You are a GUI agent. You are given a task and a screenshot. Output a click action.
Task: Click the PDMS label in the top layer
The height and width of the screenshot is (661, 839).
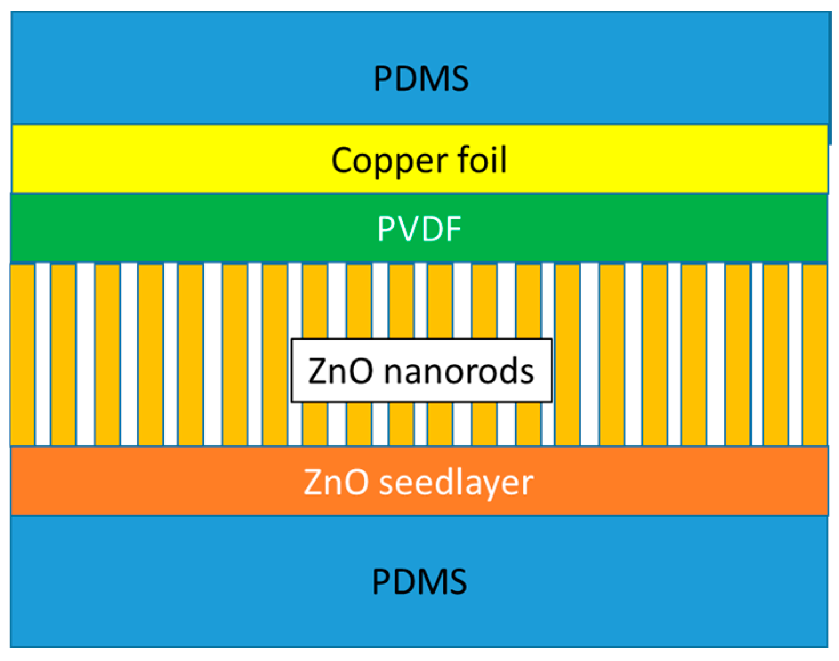(x=421, y=78)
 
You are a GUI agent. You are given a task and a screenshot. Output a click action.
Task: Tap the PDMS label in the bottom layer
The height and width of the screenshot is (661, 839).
(x=419, y=582)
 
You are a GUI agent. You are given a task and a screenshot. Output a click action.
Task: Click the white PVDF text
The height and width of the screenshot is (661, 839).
(x=419, y=229)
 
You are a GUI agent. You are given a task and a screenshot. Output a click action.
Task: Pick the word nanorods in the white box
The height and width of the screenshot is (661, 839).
(x=459, y=371)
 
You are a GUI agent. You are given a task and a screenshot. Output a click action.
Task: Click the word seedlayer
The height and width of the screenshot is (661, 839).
(x=456, y=482)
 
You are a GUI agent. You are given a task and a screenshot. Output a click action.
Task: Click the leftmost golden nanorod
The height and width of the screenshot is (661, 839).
(x=23, y=354)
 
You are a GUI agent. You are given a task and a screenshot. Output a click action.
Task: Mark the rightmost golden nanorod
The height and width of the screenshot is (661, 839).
(x=815, y=354)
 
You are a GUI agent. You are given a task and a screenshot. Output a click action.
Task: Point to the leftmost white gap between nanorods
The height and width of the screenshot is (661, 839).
(x=43, y=354)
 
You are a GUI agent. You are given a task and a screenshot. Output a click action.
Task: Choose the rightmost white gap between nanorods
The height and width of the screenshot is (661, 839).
(x=796, y=354)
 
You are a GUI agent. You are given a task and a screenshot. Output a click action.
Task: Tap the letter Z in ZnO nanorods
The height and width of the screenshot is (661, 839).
(x=317, y=371)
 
